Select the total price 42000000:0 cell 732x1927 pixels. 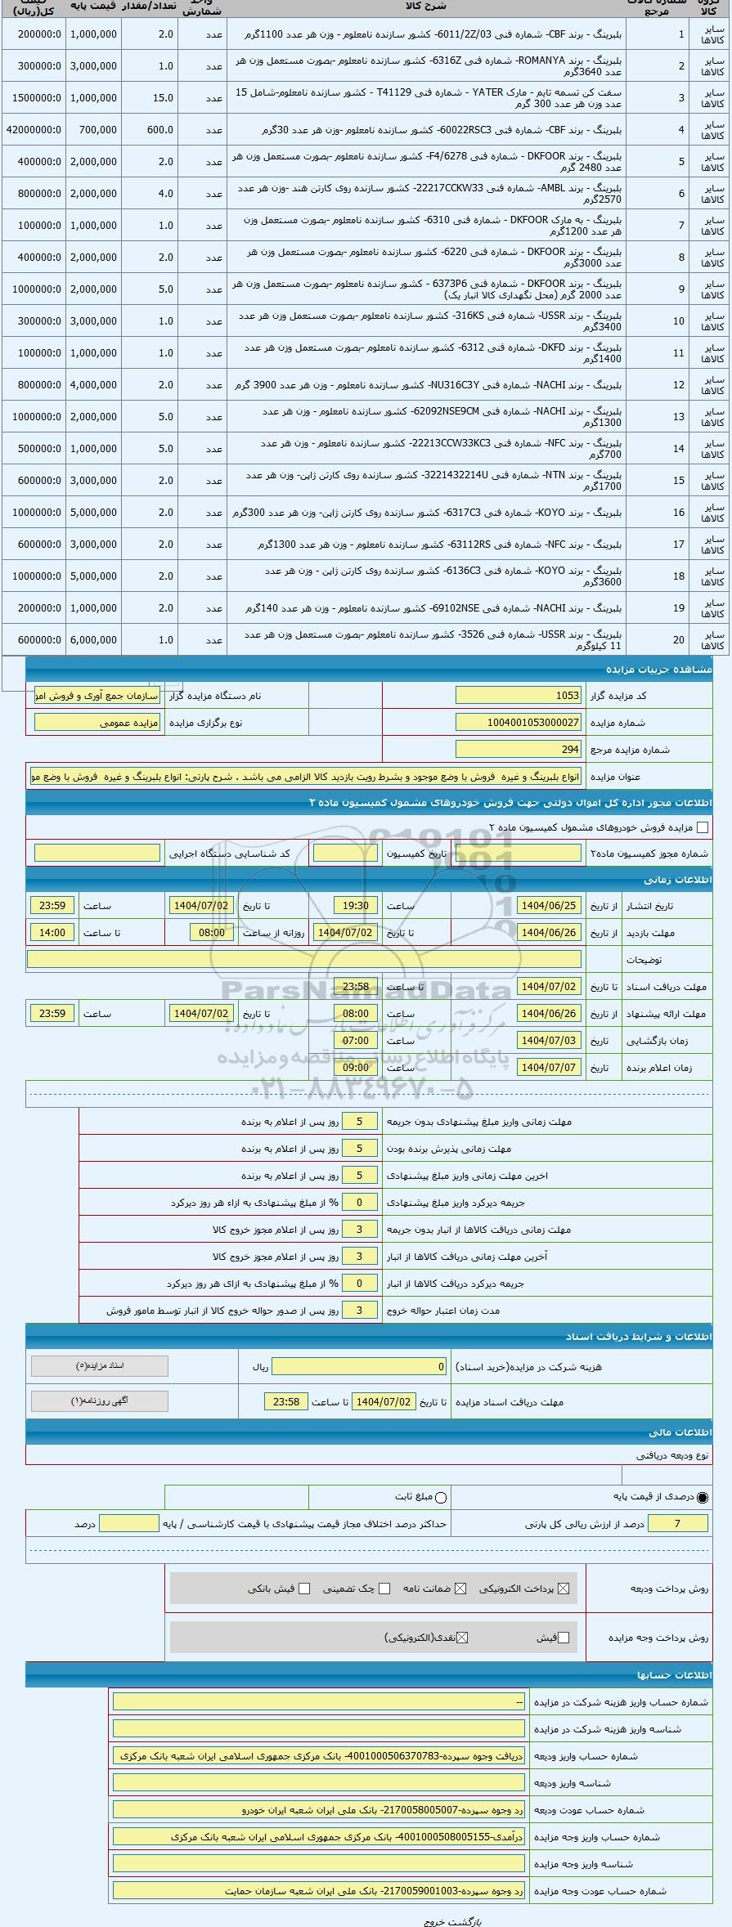click(34, 130)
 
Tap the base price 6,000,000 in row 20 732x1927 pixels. click(93, 640)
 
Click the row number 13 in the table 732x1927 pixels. click(679, 417)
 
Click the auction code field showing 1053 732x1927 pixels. click(519, 696)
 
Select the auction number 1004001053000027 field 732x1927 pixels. click(519, 723)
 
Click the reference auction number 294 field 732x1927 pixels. click(519, 749)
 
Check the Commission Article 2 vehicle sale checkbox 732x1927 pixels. click(702, 827)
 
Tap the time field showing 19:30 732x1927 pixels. click(356, 906)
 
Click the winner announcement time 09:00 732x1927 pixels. click(356, 1068)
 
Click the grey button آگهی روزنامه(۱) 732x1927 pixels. click(100, 1401)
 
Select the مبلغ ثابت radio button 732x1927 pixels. click(442, 1497)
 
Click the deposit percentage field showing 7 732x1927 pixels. click(677, 1523)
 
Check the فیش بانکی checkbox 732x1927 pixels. click(304, 1589)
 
